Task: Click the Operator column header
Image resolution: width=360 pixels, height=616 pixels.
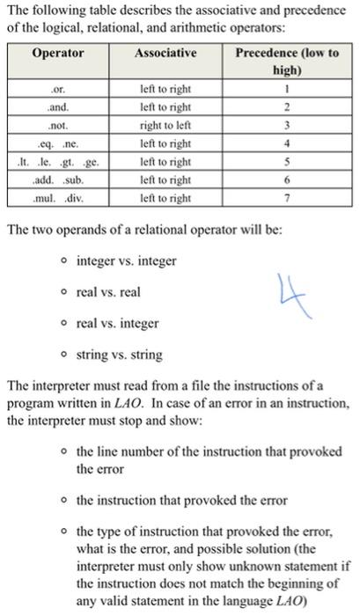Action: (x=59, y=55)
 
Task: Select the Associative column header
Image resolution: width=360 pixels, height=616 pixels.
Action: (x=165, y=55)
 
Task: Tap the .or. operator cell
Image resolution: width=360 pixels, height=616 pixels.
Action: (x=59, y=90)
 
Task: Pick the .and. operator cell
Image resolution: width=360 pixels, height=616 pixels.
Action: (x=59, y=107)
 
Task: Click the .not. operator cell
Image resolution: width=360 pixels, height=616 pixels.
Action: (x=59, y=126)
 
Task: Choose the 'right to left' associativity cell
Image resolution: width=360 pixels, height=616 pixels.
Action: (x=165, y=126)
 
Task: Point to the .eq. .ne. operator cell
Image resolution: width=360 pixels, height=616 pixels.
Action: (x=59, y=143)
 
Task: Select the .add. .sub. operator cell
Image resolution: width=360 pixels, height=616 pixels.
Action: (x=59, y=180)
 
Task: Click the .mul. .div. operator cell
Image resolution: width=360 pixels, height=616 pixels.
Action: (x=59, y=198)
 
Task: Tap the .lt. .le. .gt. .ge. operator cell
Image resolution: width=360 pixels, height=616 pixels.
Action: (x=59, y=162)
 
